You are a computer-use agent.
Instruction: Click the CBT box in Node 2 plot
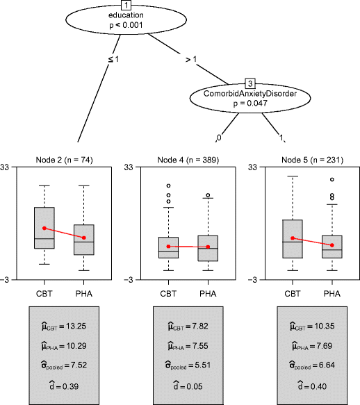click(44, 227)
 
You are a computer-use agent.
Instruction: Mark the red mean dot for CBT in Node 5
click(293, 238)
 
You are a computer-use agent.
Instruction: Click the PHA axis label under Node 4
click(207, 293)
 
